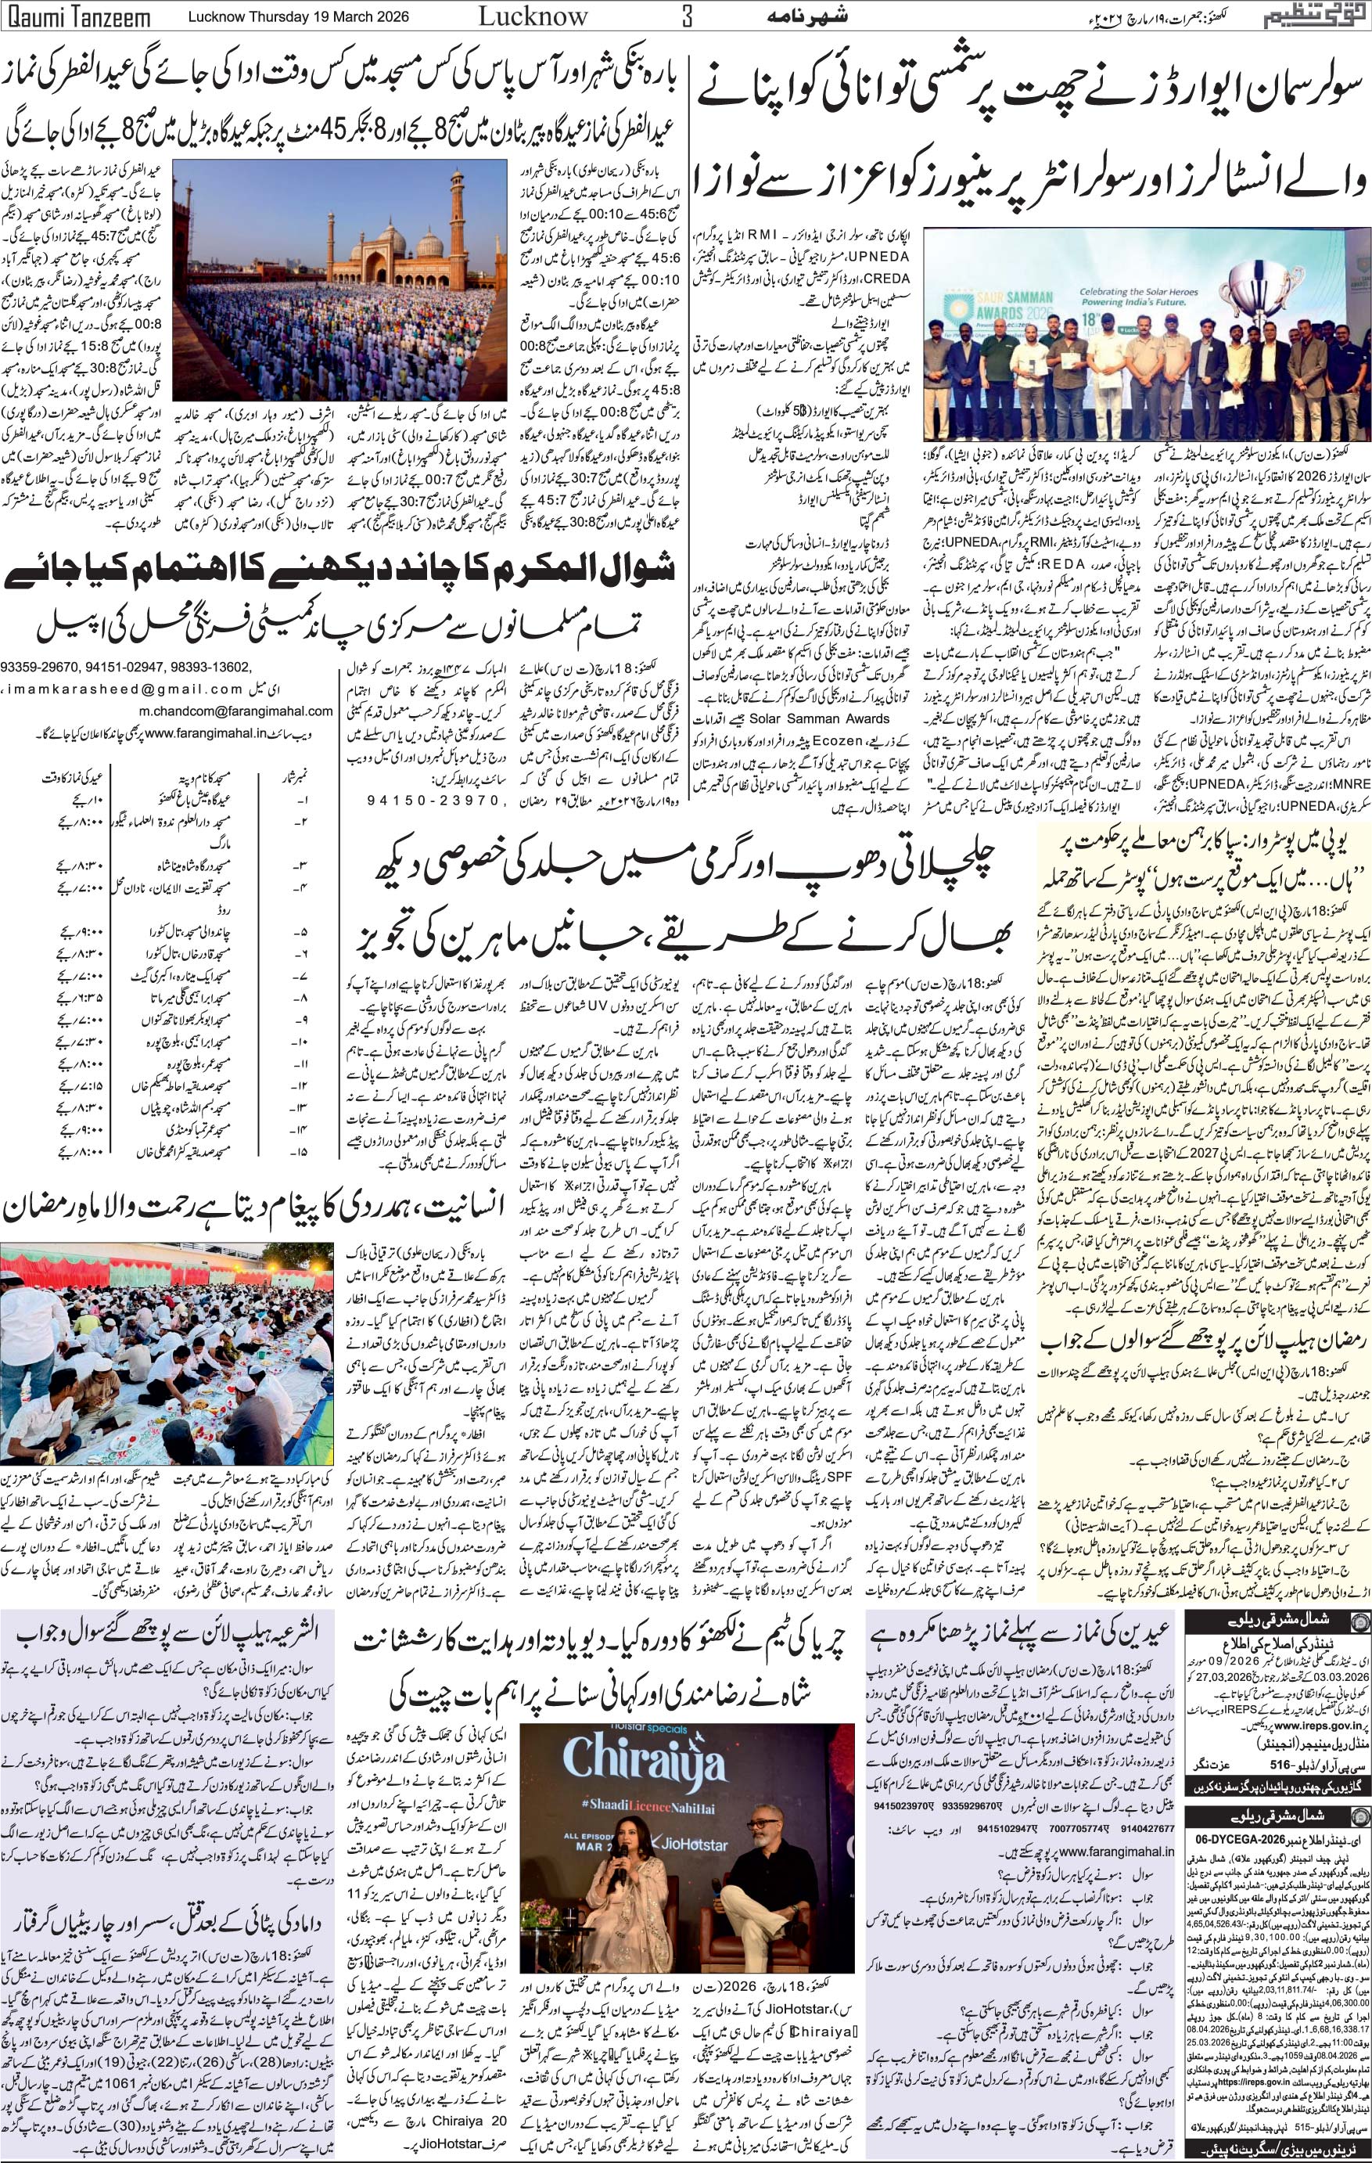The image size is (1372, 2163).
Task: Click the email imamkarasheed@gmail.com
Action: coord(122,690)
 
